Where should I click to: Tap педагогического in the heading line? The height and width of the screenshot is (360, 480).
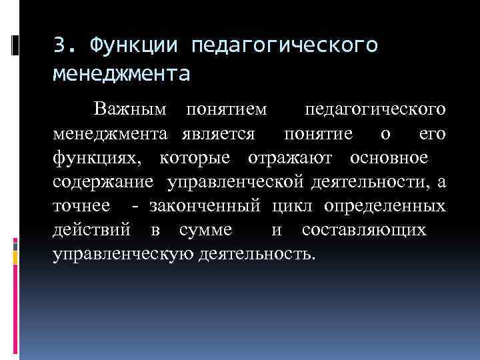click(285, 46)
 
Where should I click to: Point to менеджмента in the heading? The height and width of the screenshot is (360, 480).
click(121, 72)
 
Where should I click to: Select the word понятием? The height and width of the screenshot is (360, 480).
click(227, 109)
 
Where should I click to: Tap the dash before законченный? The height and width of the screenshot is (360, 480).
click(137, 206)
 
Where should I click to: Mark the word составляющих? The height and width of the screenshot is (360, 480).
click(364, 230)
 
